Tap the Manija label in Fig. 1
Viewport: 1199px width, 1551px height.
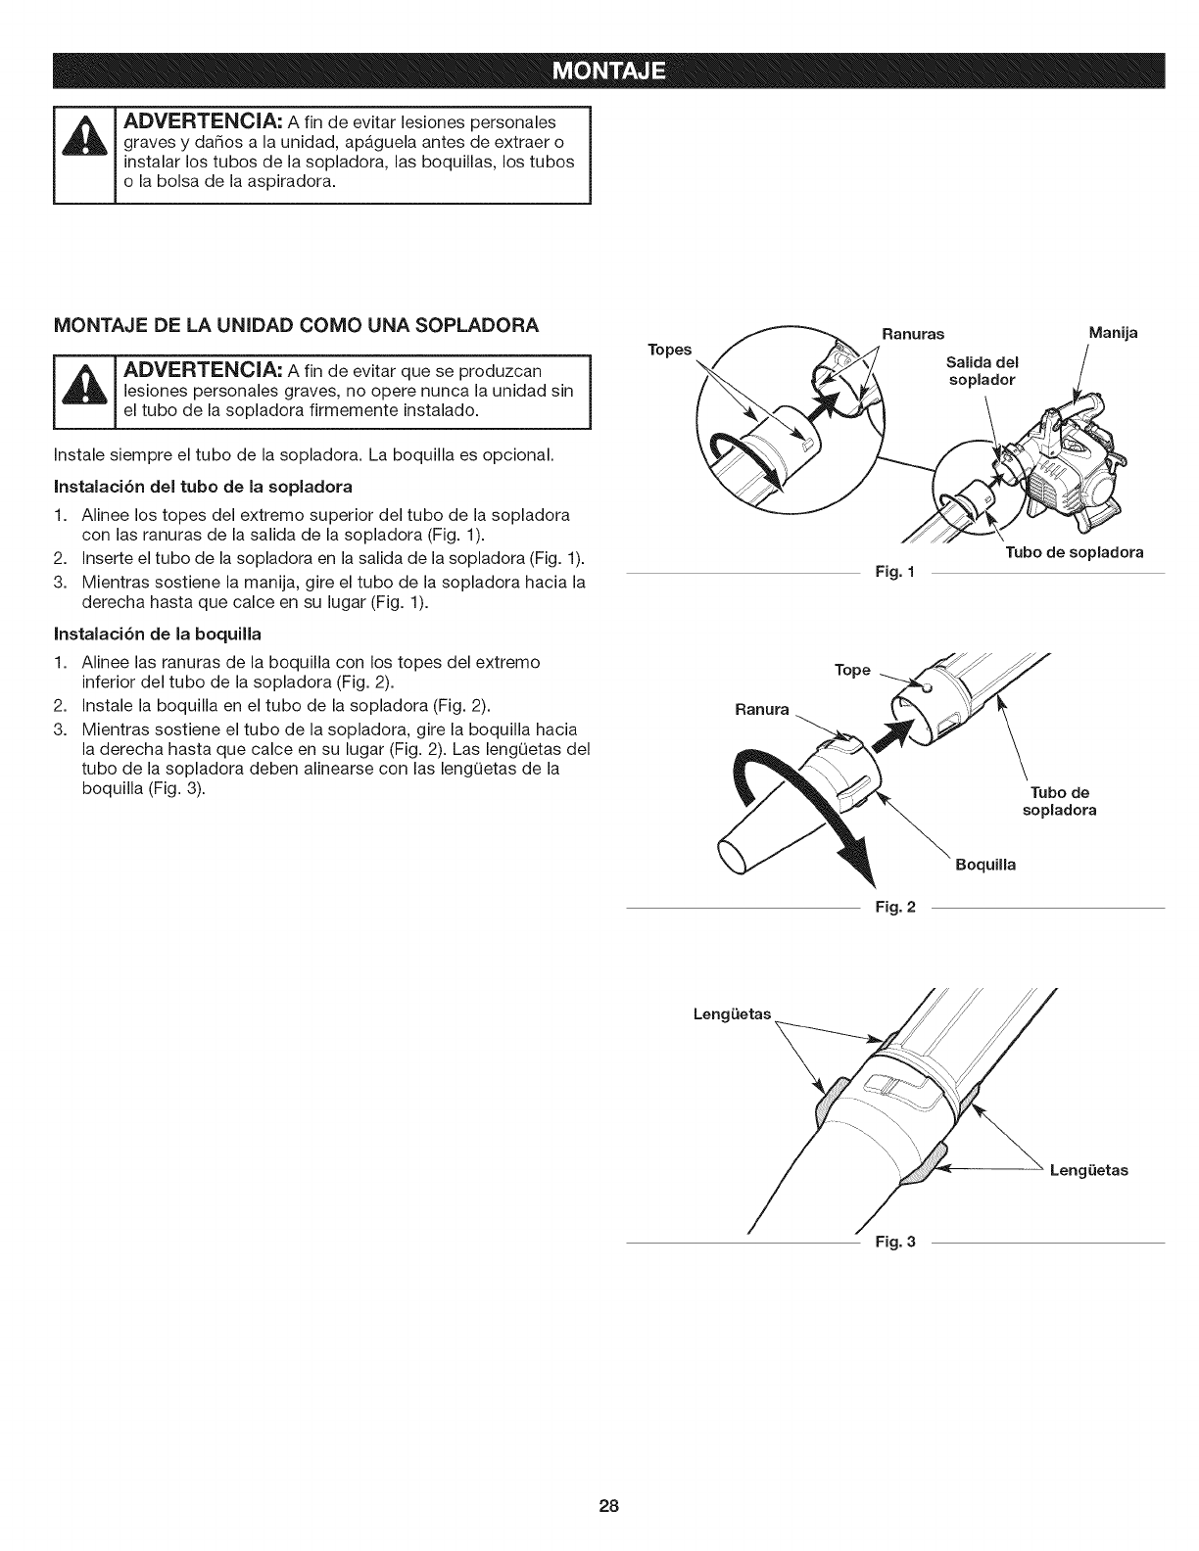click(1114, 333)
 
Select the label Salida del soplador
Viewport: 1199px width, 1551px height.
click(984, 372)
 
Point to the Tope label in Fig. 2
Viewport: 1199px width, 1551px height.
click(852, 670)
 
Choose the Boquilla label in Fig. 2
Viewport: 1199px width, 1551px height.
click(984, 865)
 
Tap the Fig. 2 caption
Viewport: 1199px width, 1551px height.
click(894, 907)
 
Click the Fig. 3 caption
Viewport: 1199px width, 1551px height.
click(894, 1243)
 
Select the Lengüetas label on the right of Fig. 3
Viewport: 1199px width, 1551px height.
click(1088, 1170)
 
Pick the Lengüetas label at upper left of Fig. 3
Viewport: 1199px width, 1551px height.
click(732, 1013)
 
